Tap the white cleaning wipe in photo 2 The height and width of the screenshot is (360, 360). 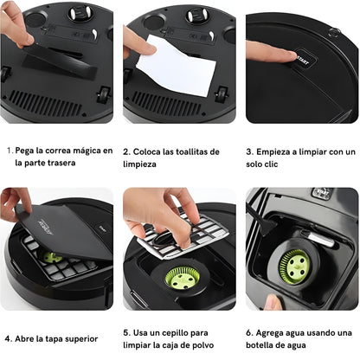(x=180, y=66)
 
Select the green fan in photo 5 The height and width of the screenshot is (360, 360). (x=183, y=278)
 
